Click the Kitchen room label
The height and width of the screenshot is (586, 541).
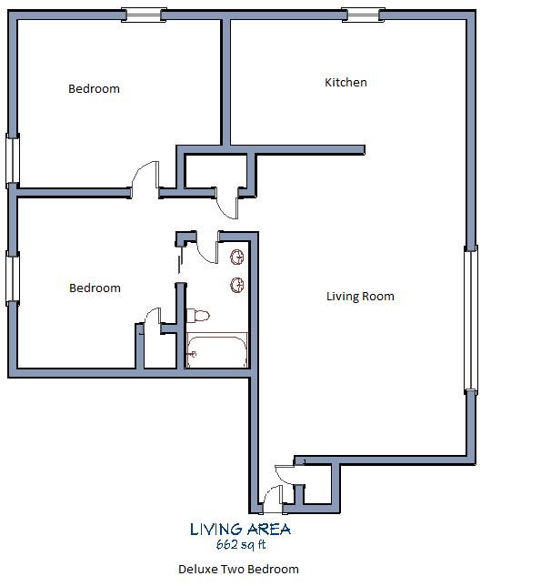[x=346, y=83]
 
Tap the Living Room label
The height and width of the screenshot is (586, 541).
[x=361, y=296]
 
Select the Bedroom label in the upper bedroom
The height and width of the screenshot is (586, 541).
[x=95, y=89]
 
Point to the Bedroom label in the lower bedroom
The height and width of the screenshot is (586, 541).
[x=95, y=288]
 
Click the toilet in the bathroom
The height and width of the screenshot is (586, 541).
[x=197, y=316]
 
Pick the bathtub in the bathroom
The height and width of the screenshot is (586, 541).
[x=217, y=350]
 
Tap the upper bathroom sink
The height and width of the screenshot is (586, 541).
[x=237, y=256]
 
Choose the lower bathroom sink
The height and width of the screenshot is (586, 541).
[x=237, y=285]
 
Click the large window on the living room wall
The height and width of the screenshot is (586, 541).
[x=470, y=318]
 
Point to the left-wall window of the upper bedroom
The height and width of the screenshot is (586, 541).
[x=13, y=160]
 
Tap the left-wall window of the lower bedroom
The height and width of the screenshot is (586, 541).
[x=13, y=278]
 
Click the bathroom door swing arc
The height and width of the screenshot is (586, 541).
[x=205, y=246]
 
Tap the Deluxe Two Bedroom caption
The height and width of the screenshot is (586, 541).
[x=238, y=570]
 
